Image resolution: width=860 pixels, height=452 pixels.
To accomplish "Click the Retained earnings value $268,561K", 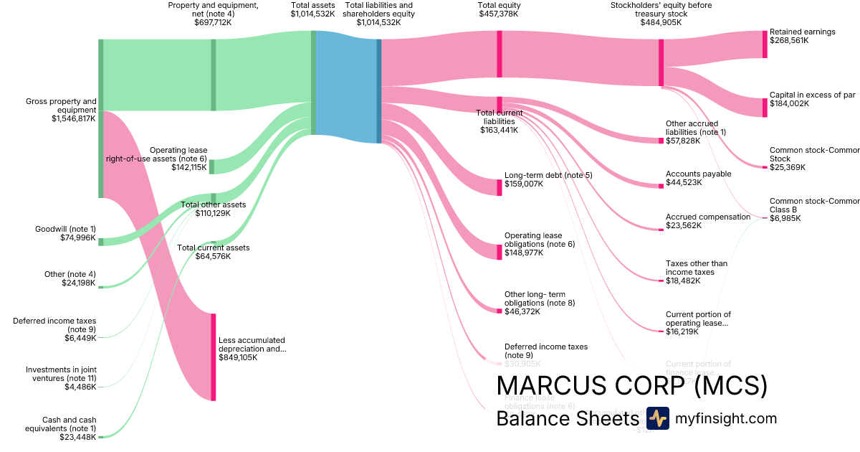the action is coord(789,41).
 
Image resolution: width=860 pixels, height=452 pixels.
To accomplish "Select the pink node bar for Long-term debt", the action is coord(500,187).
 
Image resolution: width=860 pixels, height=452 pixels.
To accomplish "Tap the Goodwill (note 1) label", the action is coord(65,229).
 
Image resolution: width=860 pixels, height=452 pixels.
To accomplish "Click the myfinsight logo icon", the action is coord(657,418).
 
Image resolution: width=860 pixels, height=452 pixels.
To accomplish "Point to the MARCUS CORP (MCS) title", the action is coord(631,386).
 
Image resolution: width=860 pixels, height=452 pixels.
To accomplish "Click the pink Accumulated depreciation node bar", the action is coord(213,357).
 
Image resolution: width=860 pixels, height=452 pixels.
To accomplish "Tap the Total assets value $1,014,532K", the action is coord(313,14).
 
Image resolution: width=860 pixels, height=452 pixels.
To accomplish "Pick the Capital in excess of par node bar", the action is coord(765,108).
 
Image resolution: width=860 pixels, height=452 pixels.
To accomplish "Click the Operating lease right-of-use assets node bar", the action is coord(211,167).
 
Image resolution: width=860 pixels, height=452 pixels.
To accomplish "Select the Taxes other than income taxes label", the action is coord(696,268).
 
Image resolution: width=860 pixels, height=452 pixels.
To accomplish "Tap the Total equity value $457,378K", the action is coord(499,14).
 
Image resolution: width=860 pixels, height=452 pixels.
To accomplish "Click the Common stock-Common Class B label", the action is coord(803,205).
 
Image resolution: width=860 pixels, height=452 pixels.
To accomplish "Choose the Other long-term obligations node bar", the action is coord(500,310).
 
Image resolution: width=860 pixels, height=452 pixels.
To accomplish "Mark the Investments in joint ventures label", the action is coord(61,374).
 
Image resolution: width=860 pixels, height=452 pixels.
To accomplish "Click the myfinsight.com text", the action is coord(726,418).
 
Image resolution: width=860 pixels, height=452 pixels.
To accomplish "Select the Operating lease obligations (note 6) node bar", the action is coord(500,252).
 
